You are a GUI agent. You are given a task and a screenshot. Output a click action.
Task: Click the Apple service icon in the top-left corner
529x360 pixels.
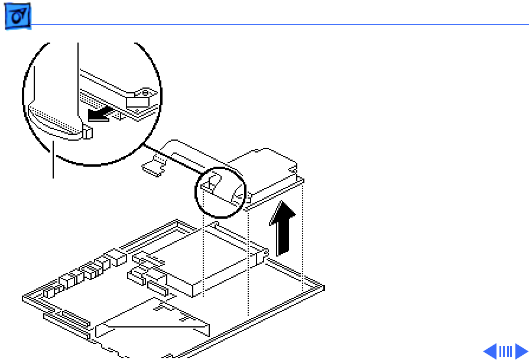click(18, 18)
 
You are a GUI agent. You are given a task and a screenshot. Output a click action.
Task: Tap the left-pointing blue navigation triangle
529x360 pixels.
click(490, 351)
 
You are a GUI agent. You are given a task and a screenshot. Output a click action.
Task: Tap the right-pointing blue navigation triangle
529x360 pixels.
click(521, 351)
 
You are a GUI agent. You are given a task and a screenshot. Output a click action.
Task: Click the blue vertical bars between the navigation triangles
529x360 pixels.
click(505, 351)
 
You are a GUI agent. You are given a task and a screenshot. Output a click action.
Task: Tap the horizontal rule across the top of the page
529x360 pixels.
click(278, 25)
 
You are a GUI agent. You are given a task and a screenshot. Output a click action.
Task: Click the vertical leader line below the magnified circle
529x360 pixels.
click(54, 160)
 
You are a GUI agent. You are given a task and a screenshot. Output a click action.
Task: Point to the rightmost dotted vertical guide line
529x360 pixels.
click(303, 236)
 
